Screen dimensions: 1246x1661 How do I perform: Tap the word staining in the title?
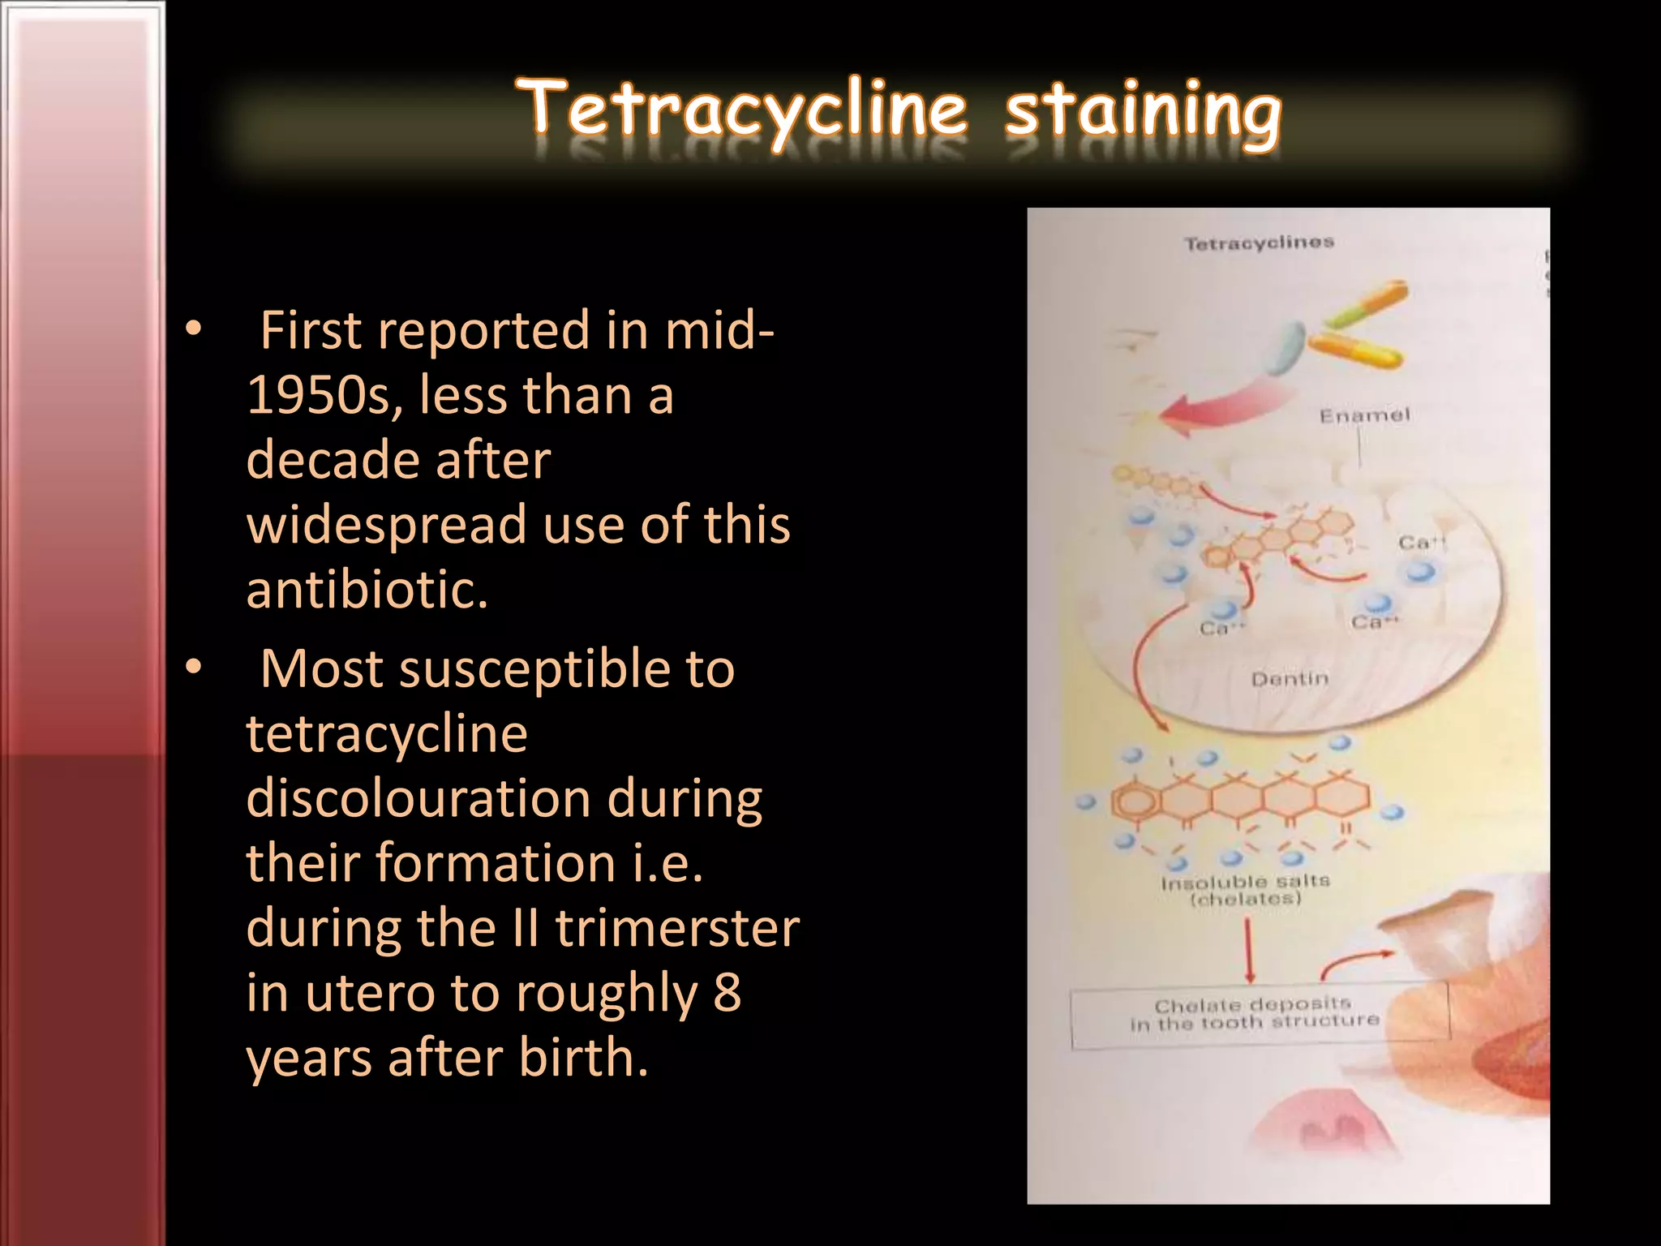pos(1142,114)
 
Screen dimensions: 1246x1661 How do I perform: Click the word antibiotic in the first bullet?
pos(367,589)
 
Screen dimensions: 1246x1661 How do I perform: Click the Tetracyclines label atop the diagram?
pos(1259,243)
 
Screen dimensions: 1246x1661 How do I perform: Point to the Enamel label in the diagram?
pos(1364,415)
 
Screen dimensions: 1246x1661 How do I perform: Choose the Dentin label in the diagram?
pos(1290,677)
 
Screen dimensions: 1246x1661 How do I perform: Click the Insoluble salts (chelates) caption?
pos(1246,890)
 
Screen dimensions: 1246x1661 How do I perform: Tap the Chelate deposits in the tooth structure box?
pos(1255,1015)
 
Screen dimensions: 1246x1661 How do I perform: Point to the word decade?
pos(333,460)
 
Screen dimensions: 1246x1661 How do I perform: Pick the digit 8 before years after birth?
pos(727,993)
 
